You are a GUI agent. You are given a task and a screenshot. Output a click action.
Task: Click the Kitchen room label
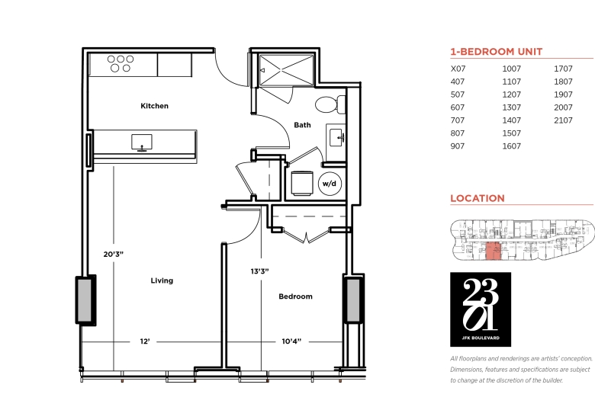154,106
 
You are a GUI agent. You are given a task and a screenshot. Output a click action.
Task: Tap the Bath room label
302,125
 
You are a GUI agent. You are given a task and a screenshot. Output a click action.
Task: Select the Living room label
162,280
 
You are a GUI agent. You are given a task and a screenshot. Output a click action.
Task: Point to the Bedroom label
296,296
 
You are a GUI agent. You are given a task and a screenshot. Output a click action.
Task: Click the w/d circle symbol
330,184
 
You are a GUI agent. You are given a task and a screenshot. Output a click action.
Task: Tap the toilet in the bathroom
330,104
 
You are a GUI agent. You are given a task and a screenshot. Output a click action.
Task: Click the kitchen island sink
142,143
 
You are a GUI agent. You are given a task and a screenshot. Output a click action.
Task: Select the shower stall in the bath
286,70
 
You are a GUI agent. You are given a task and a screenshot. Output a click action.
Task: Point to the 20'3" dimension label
114,254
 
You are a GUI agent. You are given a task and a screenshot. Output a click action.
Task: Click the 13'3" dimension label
260,271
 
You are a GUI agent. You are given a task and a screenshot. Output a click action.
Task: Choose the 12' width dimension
145,341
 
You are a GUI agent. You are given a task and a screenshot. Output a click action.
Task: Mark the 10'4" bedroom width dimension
291,341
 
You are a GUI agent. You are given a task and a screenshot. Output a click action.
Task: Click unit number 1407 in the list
512,120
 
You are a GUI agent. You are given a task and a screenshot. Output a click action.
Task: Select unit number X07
458,69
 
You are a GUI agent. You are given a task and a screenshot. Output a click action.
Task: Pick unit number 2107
563,120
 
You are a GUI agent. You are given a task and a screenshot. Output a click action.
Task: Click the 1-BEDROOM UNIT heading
497,52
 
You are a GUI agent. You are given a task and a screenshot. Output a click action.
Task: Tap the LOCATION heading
478,198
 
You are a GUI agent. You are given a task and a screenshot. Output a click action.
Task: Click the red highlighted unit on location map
494,251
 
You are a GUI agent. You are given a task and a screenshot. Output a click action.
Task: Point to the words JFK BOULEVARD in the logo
481,338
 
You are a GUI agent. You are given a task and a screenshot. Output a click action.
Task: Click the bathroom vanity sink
336,137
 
